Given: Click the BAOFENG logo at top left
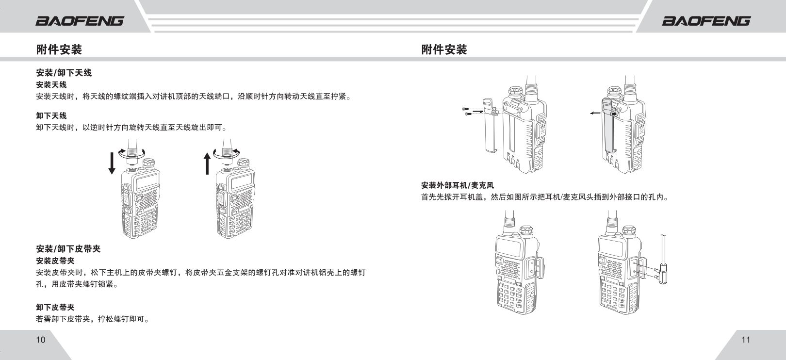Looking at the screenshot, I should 80,20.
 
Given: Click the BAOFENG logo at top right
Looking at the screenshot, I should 706,20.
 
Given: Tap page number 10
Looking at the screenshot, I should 41,340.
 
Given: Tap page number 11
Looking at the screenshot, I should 746,340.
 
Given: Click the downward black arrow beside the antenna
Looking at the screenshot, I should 112,163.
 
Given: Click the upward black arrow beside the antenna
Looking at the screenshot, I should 207,163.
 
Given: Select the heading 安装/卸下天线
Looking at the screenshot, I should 64,73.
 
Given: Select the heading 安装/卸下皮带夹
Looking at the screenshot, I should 68,249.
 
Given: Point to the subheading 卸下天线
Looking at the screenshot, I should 51,115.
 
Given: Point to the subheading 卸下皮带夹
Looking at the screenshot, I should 55,307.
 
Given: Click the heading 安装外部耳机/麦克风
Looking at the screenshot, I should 457,185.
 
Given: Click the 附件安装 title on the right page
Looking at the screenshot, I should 444,49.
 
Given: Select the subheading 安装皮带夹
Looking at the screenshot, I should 55,261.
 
